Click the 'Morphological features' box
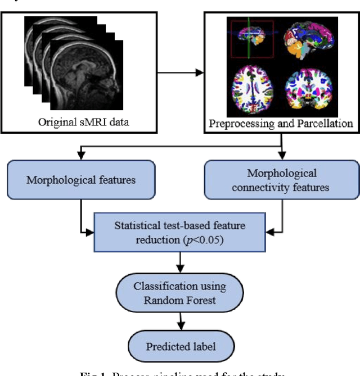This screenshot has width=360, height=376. click(x=81, y=180)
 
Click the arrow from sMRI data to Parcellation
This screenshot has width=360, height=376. click(x=179, y=73)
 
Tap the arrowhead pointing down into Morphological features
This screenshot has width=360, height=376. click(x=81, y=156)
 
